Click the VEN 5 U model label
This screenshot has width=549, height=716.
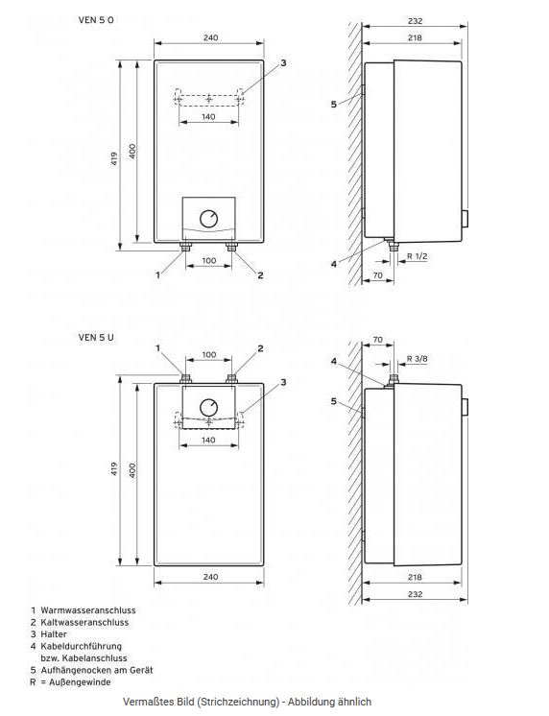pyautogui.click(x=97, y=337)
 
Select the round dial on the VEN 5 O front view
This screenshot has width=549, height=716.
pyautogui.click(x=209, y=219)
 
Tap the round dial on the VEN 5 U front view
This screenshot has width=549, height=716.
pyautogui.click(x=209, y=405)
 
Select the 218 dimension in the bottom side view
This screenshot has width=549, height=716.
pyautogui.click(x=414, y=578)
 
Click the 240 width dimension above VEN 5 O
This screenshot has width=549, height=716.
pyautogui.click(x=210, y=37)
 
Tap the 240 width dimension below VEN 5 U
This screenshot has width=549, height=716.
pyautogui.click(x=210, y=578)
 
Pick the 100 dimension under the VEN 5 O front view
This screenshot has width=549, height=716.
pyautogui.click(x=209, y=261)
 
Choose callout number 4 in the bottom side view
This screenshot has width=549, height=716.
pyautogui.click(x=334, y=362)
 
